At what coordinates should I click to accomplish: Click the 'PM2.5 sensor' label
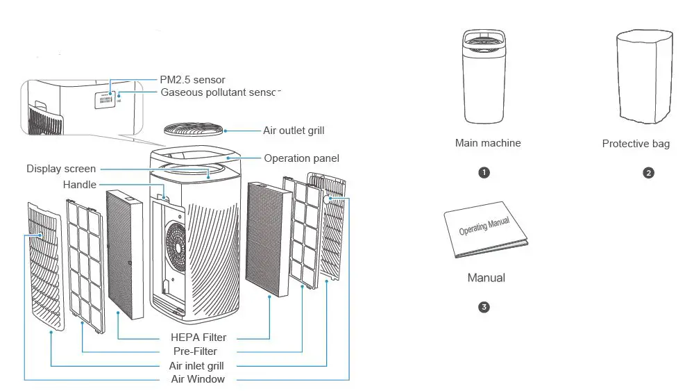pyautogui.click(x=192, y=80)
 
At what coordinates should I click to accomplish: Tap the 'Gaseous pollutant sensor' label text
pyautogui.click(x=220, y=92)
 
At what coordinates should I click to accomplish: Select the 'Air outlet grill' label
pyautogui.click(x=294, y=131)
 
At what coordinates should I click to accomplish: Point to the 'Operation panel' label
pyautogui.click(x=301, y=158)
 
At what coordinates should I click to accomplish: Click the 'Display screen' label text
pyautogui.click(x=61, y=169)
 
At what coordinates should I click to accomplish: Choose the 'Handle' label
pyautogui.click(x=80, y=185)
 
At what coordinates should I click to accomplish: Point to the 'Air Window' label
pyautogui.click(x=198, y=379)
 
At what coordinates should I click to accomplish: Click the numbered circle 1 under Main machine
pyautogui.click(x=484, y=173)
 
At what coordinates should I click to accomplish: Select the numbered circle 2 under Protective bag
pyautogui.click(x=649, y=173)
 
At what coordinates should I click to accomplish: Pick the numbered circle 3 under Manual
pyautogui.click(x=484, y=306)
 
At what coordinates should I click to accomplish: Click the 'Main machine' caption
pyautogui.click(x=488, y=143)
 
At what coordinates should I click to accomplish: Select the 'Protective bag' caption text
pyautogui.click(x=636, y=144)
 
